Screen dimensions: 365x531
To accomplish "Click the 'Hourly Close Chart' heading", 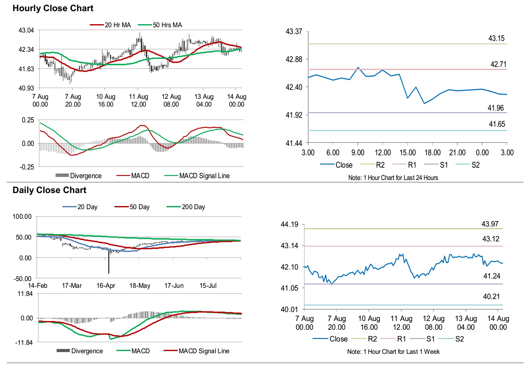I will (53, 8).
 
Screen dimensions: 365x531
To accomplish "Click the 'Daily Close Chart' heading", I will (49, 190).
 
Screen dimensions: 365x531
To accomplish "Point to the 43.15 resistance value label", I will (496, 38).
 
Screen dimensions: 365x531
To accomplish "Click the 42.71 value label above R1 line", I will (498, 64).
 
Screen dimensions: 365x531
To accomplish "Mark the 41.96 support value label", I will (495, 108).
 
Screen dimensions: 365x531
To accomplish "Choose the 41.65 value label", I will (497, 124).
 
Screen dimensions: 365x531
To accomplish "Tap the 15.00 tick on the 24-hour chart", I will (407, 152).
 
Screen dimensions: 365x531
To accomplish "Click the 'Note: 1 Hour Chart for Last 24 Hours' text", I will (393, 178).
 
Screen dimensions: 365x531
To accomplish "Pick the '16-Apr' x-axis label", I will (106, 286).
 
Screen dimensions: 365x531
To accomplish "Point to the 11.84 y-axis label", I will (25, 294).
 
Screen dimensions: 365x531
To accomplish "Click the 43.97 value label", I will (490, 224).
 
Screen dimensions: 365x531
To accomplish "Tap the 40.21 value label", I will (491, 297).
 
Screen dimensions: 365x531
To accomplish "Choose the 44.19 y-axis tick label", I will (289, 224).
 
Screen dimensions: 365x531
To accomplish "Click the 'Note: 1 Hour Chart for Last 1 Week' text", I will (393, 352).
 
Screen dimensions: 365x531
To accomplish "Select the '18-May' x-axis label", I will (140, 286).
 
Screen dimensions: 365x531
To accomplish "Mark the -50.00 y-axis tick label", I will (22, 279).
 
